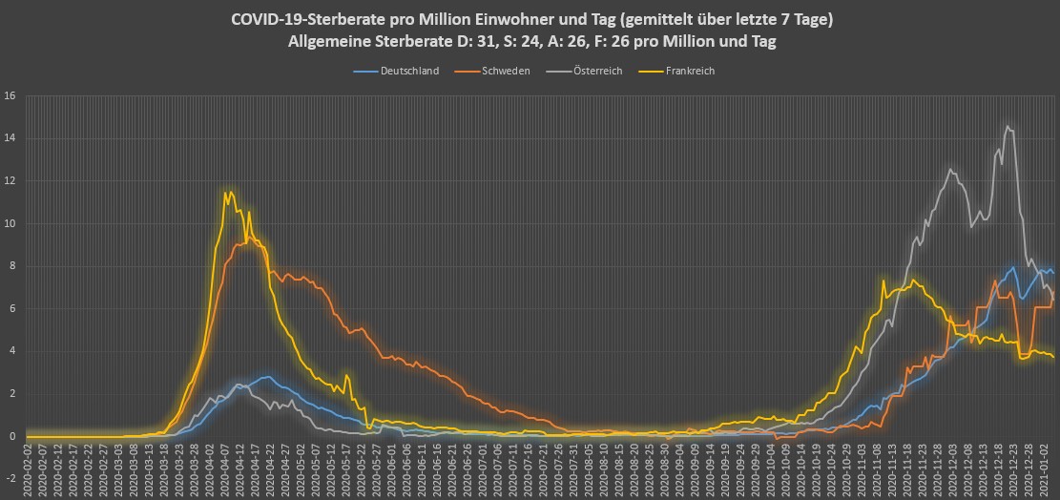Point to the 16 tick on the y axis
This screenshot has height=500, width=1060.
[x=10, y=95]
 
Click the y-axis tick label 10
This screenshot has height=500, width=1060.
[x=10, y=223]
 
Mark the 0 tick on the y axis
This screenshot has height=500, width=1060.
[x=12, y=436]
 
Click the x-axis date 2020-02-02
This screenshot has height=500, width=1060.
[x=31, y=470]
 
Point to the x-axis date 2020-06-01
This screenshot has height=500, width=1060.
[x=393, y=470]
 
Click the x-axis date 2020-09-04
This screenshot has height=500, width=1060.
[x=679, y=470]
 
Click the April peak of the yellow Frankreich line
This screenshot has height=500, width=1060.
[x=226, y=193]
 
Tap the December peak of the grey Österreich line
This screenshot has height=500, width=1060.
[x=1008, y=127]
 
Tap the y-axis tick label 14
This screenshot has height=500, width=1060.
[x=10, y=138]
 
